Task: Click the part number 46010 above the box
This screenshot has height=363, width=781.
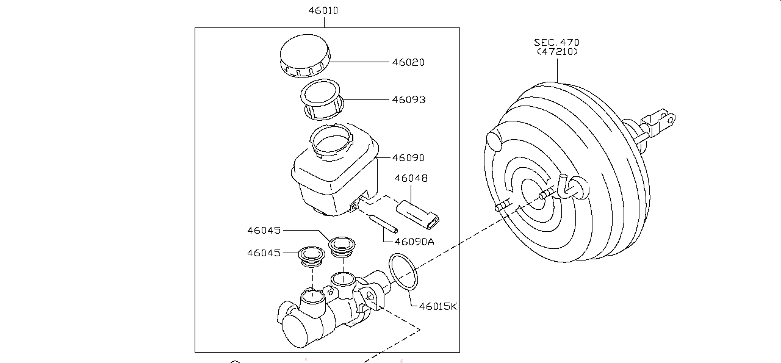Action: [323, 10]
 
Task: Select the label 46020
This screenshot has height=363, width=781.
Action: [408, 62]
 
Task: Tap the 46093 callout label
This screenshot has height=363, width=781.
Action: [408, 99]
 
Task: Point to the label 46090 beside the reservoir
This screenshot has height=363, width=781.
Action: [408, 157]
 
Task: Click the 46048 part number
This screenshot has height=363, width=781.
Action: [411, 179]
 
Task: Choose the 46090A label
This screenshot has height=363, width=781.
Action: [414, 241]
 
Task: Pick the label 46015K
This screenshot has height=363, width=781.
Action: [438, 306]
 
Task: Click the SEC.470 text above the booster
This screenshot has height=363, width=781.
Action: [556, 43]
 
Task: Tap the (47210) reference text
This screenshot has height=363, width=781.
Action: [556, 52]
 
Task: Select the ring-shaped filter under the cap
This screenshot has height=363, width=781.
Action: [322, 99]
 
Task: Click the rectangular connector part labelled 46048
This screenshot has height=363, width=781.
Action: [418, 212]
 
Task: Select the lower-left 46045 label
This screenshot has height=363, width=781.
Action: [264, 253]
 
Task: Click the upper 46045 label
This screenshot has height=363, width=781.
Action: [264, 231]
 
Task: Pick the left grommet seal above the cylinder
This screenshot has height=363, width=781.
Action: [312, 256]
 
